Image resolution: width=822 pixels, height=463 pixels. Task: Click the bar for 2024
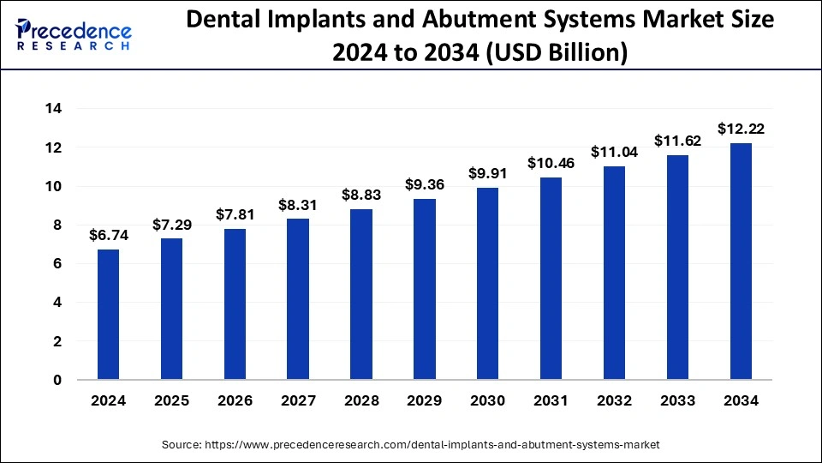pyautogui.click(x=108, y=315)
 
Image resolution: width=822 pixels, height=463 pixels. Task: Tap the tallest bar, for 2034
pyautogui.click(x=741, y=262)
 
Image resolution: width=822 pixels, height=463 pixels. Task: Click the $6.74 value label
pyautogui.click(x=108, y=235)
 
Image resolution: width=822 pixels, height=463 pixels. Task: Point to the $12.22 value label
pyautogui.click(x=741, y=129)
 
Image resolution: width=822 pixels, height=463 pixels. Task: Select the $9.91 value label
pyautogui.click(x=488, y=173)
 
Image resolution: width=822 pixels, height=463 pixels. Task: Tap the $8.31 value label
pyautogui.click(x=298, y=205)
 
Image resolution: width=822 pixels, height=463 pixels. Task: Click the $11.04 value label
pyautogui.click(x=614, y=152)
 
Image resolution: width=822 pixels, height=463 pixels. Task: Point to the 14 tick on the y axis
pyautogui.click(x=54, y=109)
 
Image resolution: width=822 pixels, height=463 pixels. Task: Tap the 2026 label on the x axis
pyautogui.click(x=235, y=400)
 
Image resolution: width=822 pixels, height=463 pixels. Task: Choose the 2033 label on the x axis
pyautogui.click(x=677, y=400)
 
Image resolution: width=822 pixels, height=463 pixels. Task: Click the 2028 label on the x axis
pyautogui.click(x=361, y=400)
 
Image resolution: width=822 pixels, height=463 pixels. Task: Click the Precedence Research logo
pyautogui.click(x=74, y=35)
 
